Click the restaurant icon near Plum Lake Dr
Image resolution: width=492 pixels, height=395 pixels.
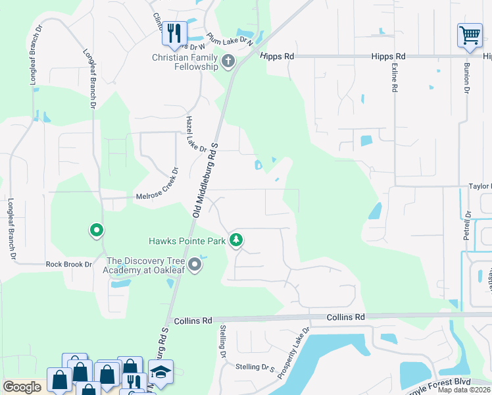click(174, 33)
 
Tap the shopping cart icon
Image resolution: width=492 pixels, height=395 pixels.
click(470, 36)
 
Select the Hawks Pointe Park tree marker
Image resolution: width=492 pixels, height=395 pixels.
click(236, 241)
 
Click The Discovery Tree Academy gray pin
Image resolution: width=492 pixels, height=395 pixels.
click(195, 265)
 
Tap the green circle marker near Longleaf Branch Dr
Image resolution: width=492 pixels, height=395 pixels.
click(96, 230)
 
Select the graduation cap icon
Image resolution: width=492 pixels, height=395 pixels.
click(160, 373)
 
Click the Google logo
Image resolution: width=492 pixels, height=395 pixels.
click(22, 387)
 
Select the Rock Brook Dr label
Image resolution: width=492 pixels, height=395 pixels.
click(68, 264)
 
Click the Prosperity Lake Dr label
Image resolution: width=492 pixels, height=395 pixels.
click(293, 353)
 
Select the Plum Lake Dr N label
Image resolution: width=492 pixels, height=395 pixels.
click(230, 39)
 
